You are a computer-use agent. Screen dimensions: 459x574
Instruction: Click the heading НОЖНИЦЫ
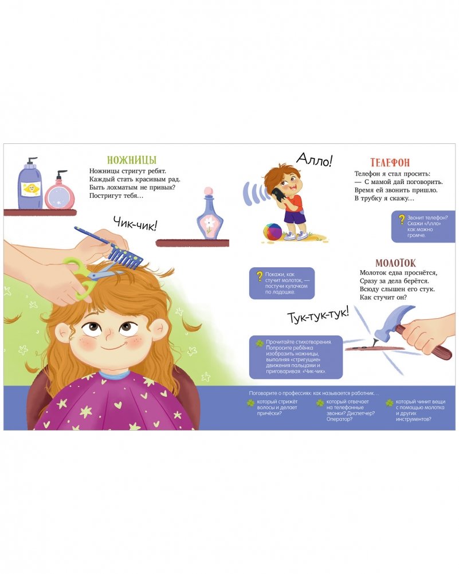click(132, 160)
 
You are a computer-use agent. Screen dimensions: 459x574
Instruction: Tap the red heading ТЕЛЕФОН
click(390, 162)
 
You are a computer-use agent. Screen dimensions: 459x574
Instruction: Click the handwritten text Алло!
click(315, 159)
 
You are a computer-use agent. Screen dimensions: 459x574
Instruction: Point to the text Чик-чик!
click(135, 223)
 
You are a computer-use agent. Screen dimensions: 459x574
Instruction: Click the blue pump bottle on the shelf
click(30, 183)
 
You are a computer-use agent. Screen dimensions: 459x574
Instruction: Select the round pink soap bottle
click(60, 190)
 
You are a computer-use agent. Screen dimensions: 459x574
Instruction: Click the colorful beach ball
click(273, 232)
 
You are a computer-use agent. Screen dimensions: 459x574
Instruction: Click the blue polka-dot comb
click(109, 248)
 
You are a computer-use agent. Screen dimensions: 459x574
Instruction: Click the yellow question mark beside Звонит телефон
click(402, 219)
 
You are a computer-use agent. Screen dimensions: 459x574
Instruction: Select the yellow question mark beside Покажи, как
click(260, 276)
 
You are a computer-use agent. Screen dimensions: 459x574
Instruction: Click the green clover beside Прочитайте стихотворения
click(259, 343)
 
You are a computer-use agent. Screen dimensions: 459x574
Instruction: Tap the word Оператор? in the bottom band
click(339, 419)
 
